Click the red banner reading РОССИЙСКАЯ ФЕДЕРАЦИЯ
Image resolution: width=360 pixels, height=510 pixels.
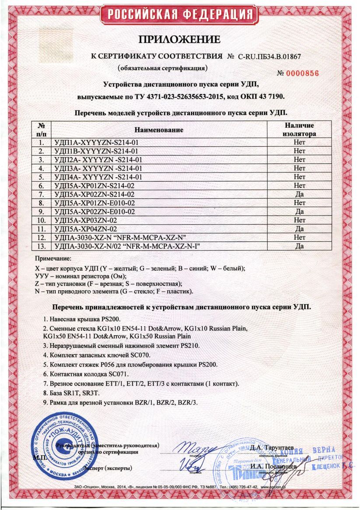179,14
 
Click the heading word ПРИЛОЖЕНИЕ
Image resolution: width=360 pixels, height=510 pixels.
179,40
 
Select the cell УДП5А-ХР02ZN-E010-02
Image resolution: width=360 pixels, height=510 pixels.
99,211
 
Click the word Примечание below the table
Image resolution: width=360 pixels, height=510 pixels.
52,259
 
